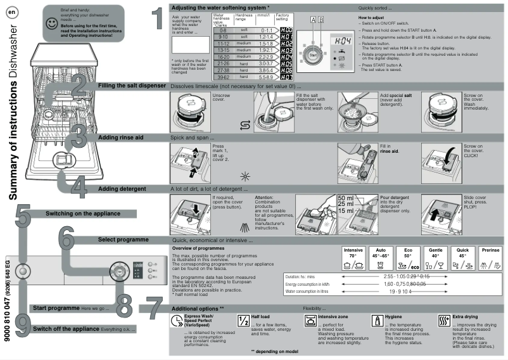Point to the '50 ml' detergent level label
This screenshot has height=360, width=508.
tap(346, 198)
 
